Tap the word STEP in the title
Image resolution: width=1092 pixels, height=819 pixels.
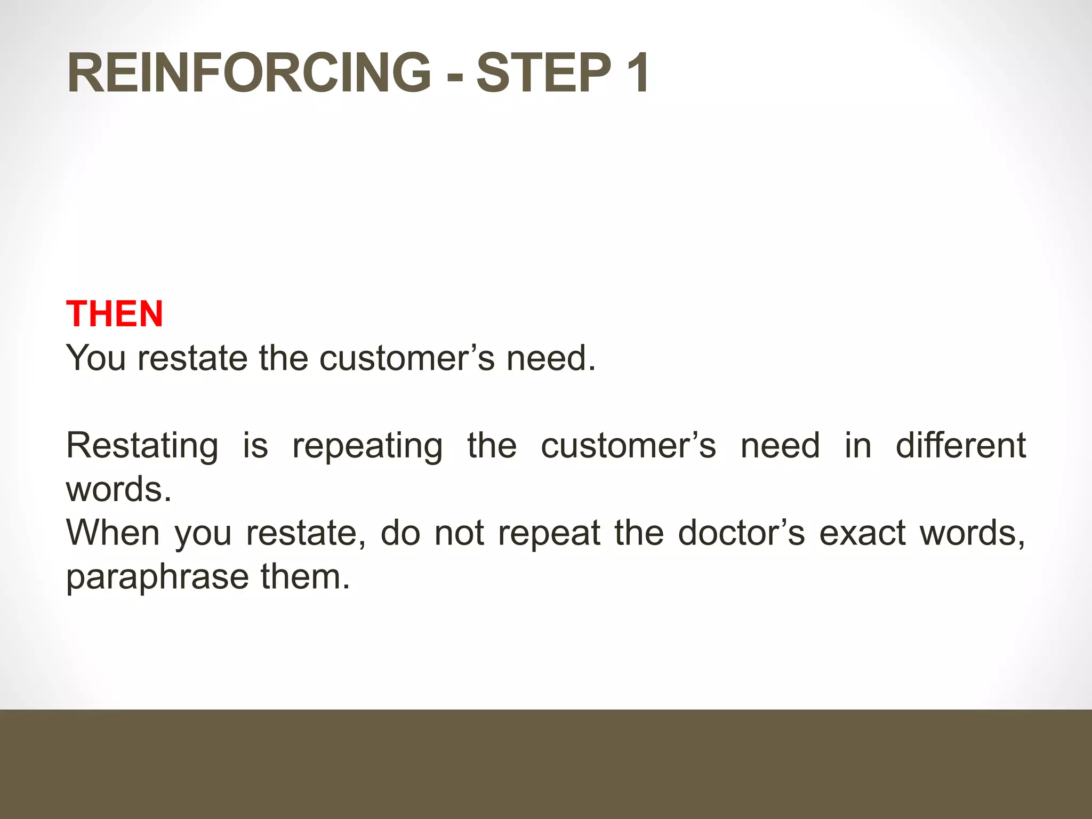coord(543,73)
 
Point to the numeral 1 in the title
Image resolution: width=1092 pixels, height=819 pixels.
coord(637,73)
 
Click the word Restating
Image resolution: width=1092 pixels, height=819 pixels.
coord(142,446)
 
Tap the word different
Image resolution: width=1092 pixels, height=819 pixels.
coord(960,446)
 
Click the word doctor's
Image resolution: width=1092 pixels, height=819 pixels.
coord(741,533)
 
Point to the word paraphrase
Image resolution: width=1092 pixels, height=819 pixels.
coord(157,578)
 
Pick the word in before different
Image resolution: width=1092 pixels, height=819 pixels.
coord(857,446)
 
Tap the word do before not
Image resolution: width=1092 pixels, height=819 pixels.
coord(400,533)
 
